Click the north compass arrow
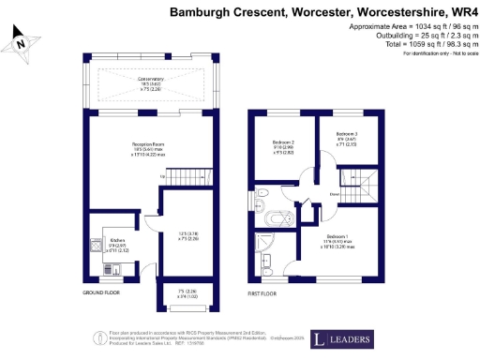(21, 39)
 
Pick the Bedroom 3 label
(347, 137)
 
